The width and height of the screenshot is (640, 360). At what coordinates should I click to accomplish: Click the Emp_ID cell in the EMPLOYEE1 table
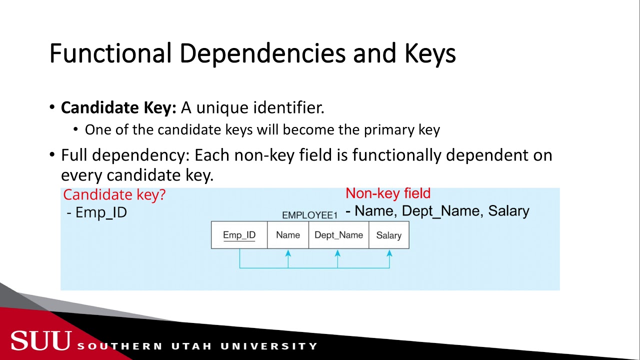(239, 235)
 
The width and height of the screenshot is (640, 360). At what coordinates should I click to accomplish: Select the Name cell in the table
(288, 235)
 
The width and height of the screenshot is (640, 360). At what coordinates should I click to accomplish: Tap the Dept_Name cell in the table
(338, 235)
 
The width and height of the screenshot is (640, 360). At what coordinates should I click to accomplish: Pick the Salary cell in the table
(389, 235)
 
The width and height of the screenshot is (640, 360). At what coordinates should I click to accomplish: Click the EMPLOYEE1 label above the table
(309, 215)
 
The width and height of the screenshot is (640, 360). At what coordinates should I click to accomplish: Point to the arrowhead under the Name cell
(288, 254)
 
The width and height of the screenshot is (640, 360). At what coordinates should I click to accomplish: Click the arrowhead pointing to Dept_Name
(337, 254)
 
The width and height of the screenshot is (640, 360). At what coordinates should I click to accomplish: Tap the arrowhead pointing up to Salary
(389, 254)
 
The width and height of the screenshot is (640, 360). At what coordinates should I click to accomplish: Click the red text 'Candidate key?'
(114, 195)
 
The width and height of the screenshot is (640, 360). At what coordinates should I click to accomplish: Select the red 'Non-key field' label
(388, 193)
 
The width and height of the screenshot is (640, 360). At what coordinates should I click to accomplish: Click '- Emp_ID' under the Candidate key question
(97, 212)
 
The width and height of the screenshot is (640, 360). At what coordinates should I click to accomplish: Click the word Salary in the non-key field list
(508, 211)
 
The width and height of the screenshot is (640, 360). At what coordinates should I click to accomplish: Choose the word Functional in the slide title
(111, 53)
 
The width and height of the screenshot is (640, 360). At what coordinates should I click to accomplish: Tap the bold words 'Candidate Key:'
(118, 107)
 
